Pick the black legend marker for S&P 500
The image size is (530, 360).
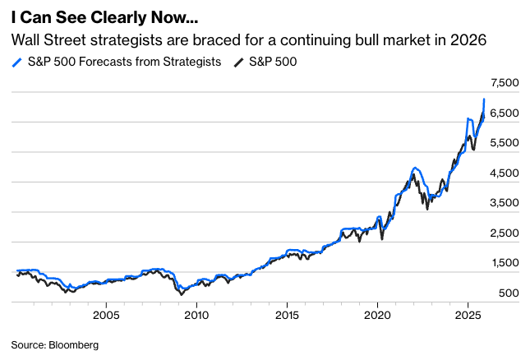(x=238, y=62)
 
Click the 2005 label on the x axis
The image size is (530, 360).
(x=106, y=315)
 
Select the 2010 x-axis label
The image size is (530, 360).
(x=196, y=315)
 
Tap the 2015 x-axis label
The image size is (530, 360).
(x=287, y=315)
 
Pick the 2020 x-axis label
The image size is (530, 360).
(x=377, y=315)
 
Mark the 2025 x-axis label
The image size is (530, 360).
(x=468, y=315)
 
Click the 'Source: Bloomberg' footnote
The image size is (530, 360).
(x=54, y=345)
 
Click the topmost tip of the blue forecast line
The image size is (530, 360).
(x=484, y=99)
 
